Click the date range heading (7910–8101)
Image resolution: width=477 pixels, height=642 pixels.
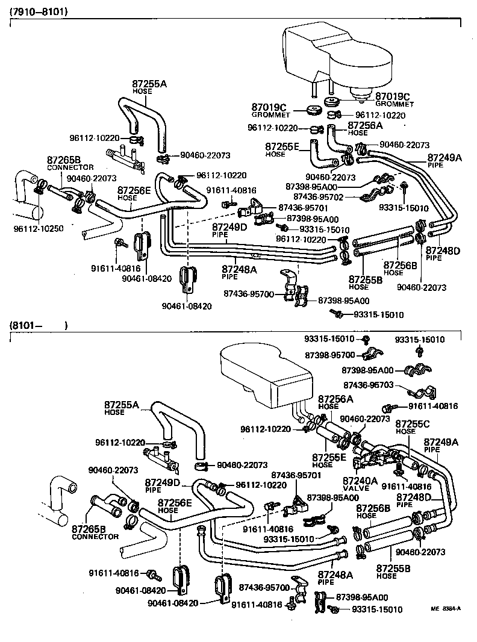38,11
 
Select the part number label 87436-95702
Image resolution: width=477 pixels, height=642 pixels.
319,197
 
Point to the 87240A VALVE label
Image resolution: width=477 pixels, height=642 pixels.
360,484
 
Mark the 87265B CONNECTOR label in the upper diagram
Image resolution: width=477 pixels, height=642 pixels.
64,163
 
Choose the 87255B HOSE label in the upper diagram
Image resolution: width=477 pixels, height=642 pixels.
366,283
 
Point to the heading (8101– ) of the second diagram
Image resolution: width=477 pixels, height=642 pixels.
38,326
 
